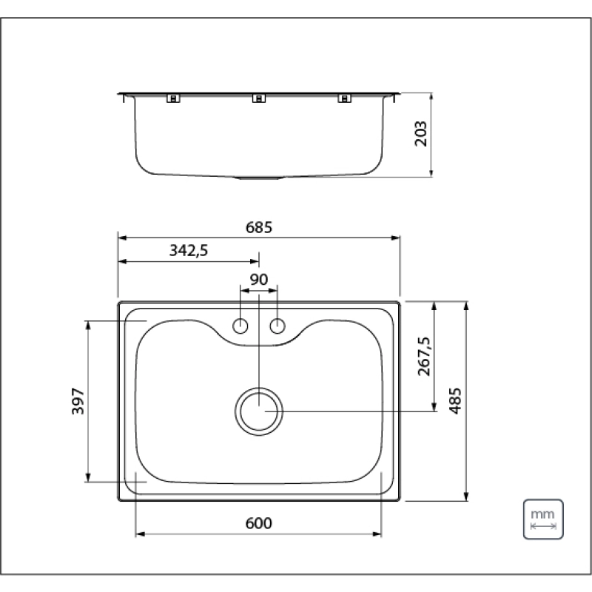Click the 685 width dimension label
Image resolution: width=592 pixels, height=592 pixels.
258,227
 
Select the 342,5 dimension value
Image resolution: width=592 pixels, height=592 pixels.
189,251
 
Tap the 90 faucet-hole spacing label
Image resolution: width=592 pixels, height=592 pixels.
258,280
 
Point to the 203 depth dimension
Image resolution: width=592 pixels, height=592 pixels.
420,134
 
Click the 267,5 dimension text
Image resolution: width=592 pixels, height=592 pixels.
424,357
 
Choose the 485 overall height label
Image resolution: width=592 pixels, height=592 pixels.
455,401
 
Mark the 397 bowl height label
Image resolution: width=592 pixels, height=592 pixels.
78,401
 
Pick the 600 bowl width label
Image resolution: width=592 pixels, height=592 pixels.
258,523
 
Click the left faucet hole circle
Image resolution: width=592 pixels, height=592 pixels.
240,326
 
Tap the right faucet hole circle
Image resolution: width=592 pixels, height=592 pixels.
277,326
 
